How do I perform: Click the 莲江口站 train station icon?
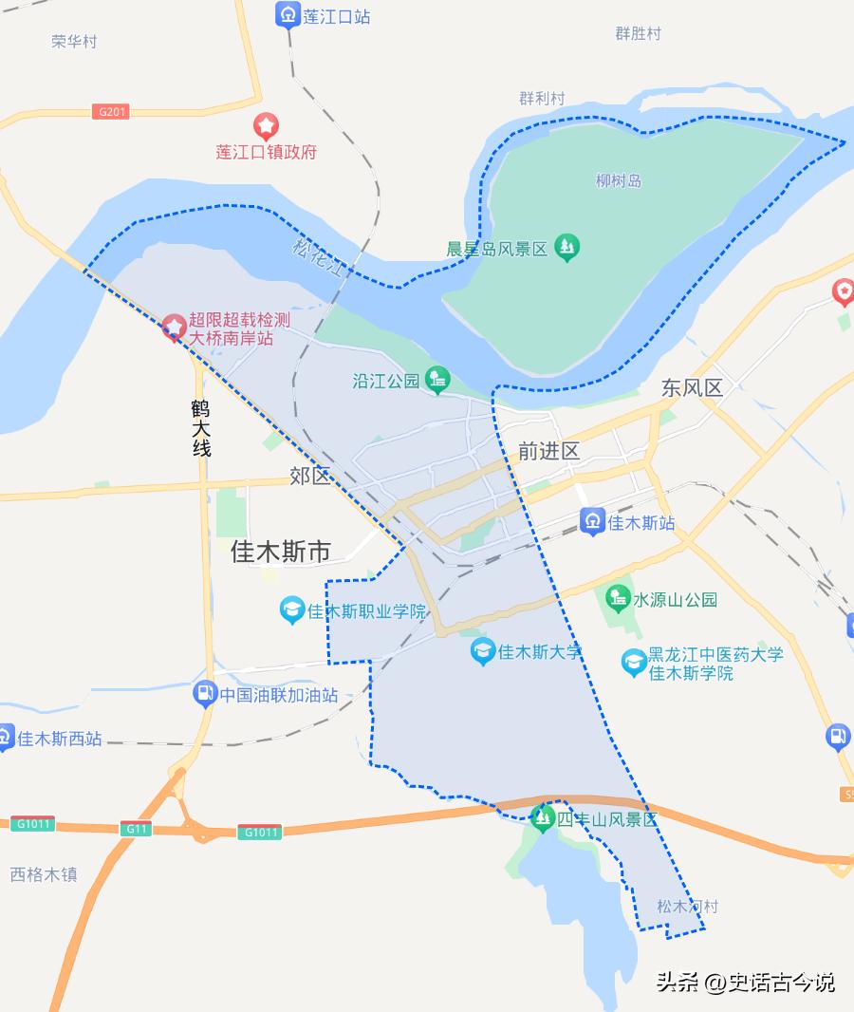pos(288,15)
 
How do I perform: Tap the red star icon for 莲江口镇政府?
pos(266,124)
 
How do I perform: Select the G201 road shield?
pos(111,112)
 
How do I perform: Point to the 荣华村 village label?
pos(74,42)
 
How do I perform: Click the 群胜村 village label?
pos(638,33)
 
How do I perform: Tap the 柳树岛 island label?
pos(619,180)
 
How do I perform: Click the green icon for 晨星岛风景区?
pos(566,248)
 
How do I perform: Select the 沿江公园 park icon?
pos(437,380)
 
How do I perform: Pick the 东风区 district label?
pos(692,387)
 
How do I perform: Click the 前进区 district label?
pos(548,451)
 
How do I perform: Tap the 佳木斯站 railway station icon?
pos(592,521)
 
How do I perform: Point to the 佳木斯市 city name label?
pos(281,552)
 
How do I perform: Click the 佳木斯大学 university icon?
pos(483,651)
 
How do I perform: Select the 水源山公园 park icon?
pos(618,599)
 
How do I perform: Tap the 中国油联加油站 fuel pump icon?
pos(204,694)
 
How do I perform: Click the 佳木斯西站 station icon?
pos(6,738)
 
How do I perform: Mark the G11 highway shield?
pos(137,829)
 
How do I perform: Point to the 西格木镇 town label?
pos(44,874)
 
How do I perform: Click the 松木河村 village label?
pos(687,907)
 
